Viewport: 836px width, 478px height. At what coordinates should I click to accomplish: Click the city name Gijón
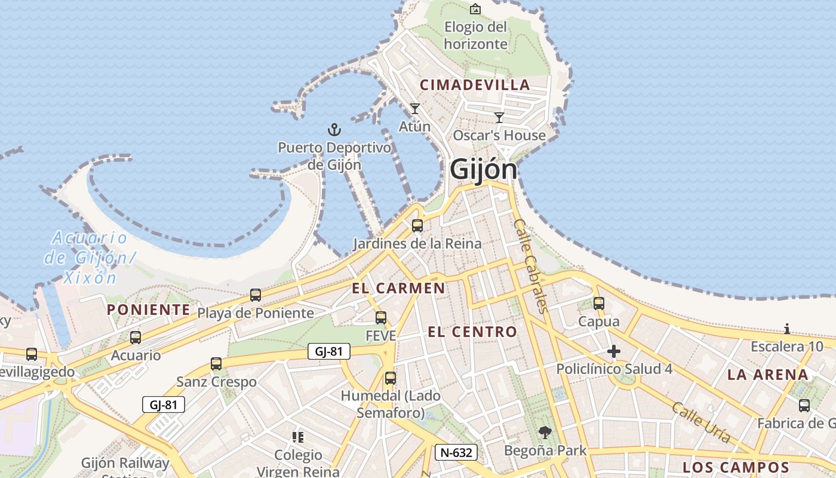[483, 169]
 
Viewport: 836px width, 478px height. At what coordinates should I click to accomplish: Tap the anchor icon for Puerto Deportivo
[334, 129]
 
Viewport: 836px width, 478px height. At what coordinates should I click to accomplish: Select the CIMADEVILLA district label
[475, 85]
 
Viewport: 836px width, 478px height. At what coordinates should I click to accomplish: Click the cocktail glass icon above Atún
[415, 109]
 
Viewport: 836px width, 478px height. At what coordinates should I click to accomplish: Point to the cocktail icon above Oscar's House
[499, 118]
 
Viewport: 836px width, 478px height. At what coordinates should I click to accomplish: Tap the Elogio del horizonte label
[475, 35]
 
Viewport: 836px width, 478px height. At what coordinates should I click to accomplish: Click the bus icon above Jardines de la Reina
[417, 226]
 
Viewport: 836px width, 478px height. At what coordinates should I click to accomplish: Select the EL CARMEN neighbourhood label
[398, 289]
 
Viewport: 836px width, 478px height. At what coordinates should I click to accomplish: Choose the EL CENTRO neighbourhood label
[472, 332]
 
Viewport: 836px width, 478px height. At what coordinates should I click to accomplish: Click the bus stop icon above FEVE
[381, 318]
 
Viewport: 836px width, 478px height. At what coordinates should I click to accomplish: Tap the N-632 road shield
[455, 452]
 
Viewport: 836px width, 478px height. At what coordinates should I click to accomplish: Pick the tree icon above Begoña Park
[545, 433]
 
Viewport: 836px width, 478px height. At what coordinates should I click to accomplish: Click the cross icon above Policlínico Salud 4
[613, 351]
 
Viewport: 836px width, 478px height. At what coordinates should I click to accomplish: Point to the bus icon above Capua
[599, 304]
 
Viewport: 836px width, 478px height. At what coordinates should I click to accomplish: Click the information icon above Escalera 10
[787, 329]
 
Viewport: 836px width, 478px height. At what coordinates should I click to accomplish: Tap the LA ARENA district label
[768, 375]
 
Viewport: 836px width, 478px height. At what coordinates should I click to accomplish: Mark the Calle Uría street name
[701, 422]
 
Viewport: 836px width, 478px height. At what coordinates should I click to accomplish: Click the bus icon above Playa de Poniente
[256, 295]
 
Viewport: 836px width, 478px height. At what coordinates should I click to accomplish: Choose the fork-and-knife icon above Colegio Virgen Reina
[297, 437]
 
